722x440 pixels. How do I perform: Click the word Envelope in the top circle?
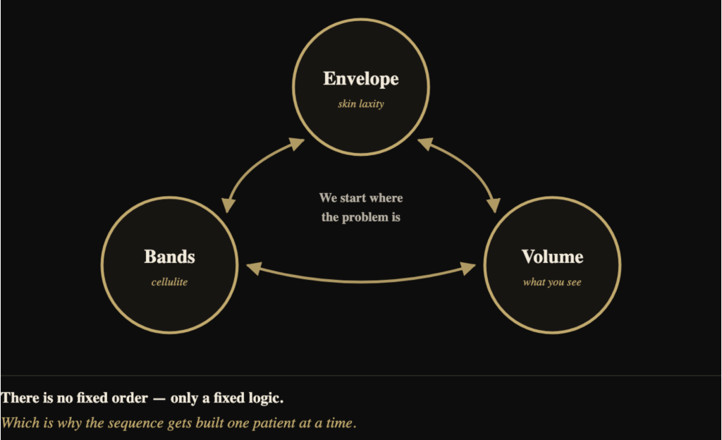[361, 79]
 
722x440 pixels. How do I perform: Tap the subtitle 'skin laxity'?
[361, 104]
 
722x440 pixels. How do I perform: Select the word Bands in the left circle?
[169, 257]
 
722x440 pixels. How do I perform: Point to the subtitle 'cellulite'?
[169, 281]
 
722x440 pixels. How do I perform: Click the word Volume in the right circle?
[553, 257]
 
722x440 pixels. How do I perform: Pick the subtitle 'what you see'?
[552, 282]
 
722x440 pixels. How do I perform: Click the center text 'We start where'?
[361, 198]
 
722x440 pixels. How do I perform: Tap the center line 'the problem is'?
[361, 217]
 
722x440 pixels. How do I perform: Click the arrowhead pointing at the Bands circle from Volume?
[254, 269]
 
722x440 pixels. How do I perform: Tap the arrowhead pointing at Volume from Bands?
[468, 269]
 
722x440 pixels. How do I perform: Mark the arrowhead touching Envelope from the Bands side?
[296, 144]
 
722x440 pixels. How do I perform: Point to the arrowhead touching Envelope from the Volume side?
[426, 144]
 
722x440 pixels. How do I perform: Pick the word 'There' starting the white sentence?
[20, 398]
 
